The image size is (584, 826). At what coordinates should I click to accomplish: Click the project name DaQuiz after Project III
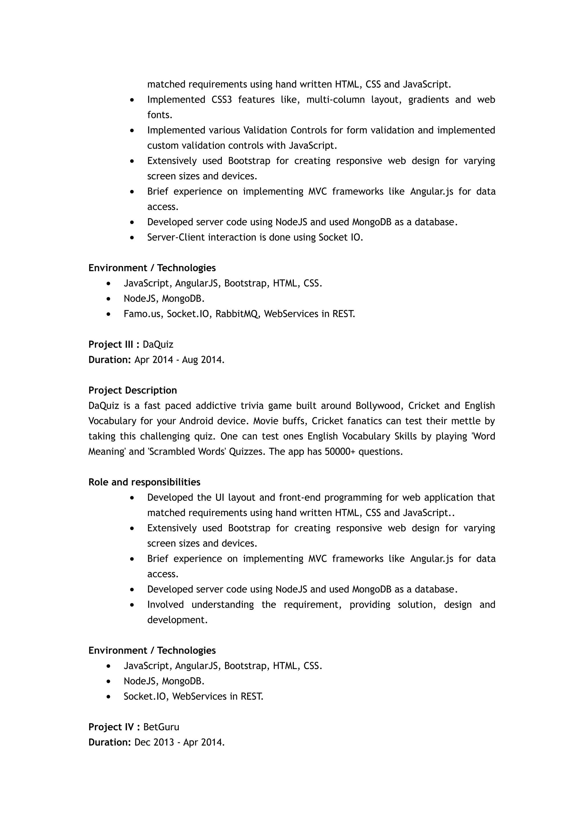click(x=158, y=345)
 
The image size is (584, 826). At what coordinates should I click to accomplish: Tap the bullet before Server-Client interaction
click(x=132, y=238)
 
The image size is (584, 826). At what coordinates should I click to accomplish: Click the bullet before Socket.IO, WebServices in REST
click(x=109, y=697)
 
